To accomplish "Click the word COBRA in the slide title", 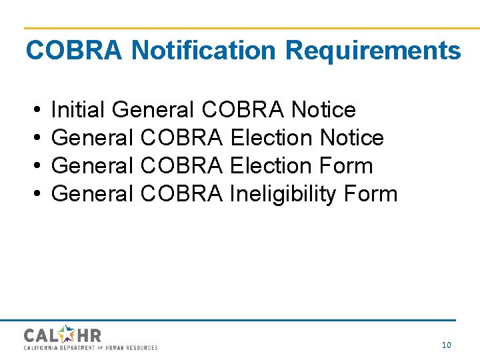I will pos(74,51).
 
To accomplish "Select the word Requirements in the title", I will pos(373,51).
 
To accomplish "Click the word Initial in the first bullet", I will pos(79,109).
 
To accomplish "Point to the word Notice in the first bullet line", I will pos(323,109).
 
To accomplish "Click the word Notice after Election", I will pos(352,138).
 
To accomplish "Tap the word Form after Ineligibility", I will pos(371,194).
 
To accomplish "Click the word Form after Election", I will pos(346,166).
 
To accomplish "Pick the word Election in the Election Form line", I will pos(271,166).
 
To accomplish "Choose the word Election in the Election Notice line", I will pos(271,138).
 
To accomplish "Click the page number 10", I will pos(447,345).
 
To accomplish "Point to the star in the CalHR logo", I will pos(66,333).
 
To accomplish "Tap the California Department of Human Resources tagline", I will pos(91,347).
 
